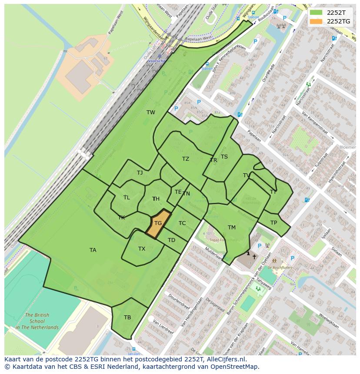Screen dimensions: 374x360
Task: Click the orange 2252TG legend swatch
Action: tap(316, 21)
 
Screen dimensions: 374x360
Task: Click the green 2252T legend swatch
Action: tap(316, 12)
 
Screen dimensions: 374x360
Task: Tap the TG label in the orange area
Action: tap(158, 223)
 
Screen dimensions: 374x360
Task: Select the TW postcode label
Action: tap(150, 113)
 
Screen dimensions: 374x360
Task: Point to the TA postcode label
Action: tap(93, 250)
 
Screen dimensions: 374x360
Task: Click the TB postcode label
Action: tap(127, 318)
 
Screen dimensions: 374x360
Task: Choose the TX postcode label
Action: tap(142, 249)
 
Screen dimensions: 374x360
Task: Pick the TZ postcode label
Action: tap(186, 159)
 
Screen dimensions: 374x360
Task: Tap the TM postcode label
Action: tap(231, 227)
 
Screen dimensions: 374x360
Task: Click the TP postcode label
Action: tap(273, 223)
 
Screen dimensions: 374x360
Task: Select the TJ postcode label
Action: tap(140, 172)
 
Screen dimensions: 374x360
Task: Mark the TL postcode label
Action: tap(127, 197)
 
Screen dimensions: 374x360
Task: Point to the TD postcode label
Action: tap(171, 240)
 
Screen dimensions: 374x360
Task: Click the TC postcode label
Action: tap(182, 223)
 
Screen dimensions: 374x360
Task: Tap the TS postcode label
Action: tap(224, 157)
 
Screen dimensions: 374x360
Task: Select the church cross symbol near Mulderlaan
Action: tap(254, 257)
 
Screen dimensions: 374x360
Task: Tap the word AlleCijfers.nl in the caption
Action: tap(226, 359)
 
